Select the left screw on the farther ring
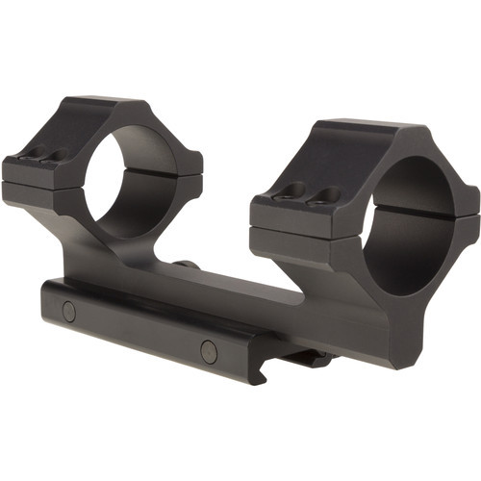tap(27, 151)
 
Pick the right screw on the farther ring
tap(53, 155)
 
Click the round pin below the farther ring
tap(68, 311)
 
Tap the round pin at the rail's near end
tap(209, 351)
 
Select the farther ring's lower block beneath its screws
tap(34, 192)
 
